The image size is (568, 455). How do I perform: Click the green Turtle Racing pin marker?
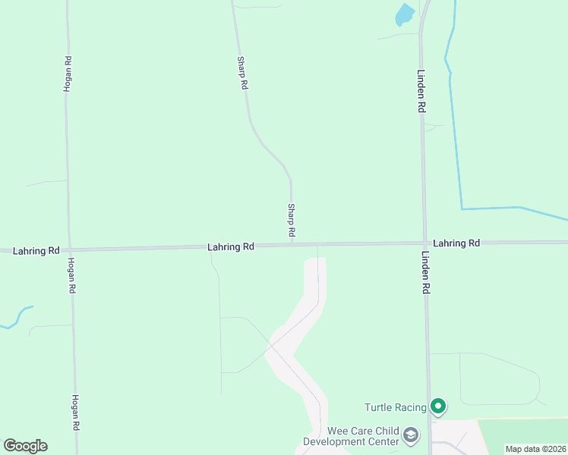(437, 406)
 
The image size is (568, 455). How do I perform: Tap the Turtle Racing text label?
(395, 407)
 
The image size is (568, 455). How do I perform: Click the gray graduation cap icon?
(411, 435)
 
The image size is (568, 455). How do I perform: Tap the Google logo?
(25, 445)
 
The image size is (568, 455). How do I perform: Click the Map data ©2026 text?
(535, 448)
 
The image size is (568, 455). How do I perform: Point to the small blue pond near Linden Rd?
(405, 14)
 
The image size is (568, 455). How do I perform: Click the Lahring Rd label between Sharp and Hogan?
(231, 247)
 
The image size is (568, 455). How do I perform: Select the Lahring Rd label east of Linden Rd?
(458, 243)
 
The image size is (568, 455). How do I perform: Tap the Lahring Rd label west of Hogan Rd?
(36, 250)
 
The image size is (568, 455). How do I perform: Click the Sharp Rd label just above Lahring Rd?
(291, 219)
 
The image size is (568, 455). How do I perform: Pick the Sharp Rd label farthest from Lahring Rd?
(242, 74)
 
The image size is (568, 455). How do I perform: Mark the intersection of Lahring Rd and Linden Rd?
(423, 243)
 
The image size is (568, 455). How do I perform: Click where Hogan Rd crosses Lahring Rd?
(70, 249)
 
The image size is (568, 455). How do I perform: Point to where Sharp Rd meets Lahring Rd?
(292, 246)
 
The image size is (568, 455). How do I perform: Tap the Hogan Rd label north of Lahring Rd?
(68, 74)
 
